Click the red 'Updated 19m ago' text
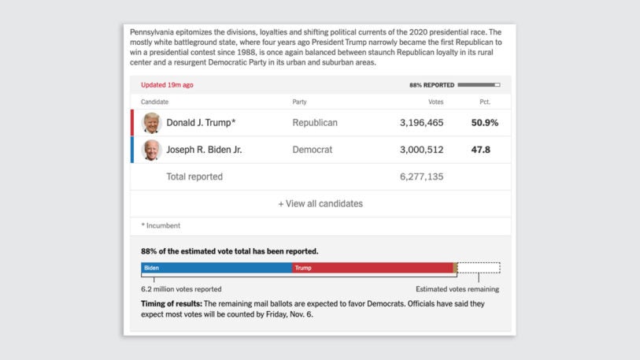167,85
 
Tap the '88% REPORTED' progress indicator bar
479,85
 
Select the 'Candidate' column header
154,102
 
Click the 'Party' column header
299,102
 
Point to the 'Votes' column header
435,102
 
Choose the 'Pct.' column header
485,102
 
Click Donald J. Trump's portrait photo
151,123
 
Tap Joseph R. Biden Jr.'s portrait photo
151,150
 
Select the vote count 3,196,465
421,123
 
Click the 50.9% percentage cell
484,123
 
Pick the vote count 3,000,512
421,150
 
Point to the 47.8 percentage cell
480,150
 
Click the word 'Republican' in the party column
315,123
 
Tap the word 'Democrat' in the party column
313,150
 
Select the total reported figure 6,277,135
421,176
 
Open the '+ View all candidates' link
320,203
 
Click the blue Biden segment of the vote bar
216,268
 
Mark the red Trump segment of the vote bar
372,268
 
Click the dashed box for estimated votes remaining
479,268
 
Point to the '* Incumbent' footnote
161,225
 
